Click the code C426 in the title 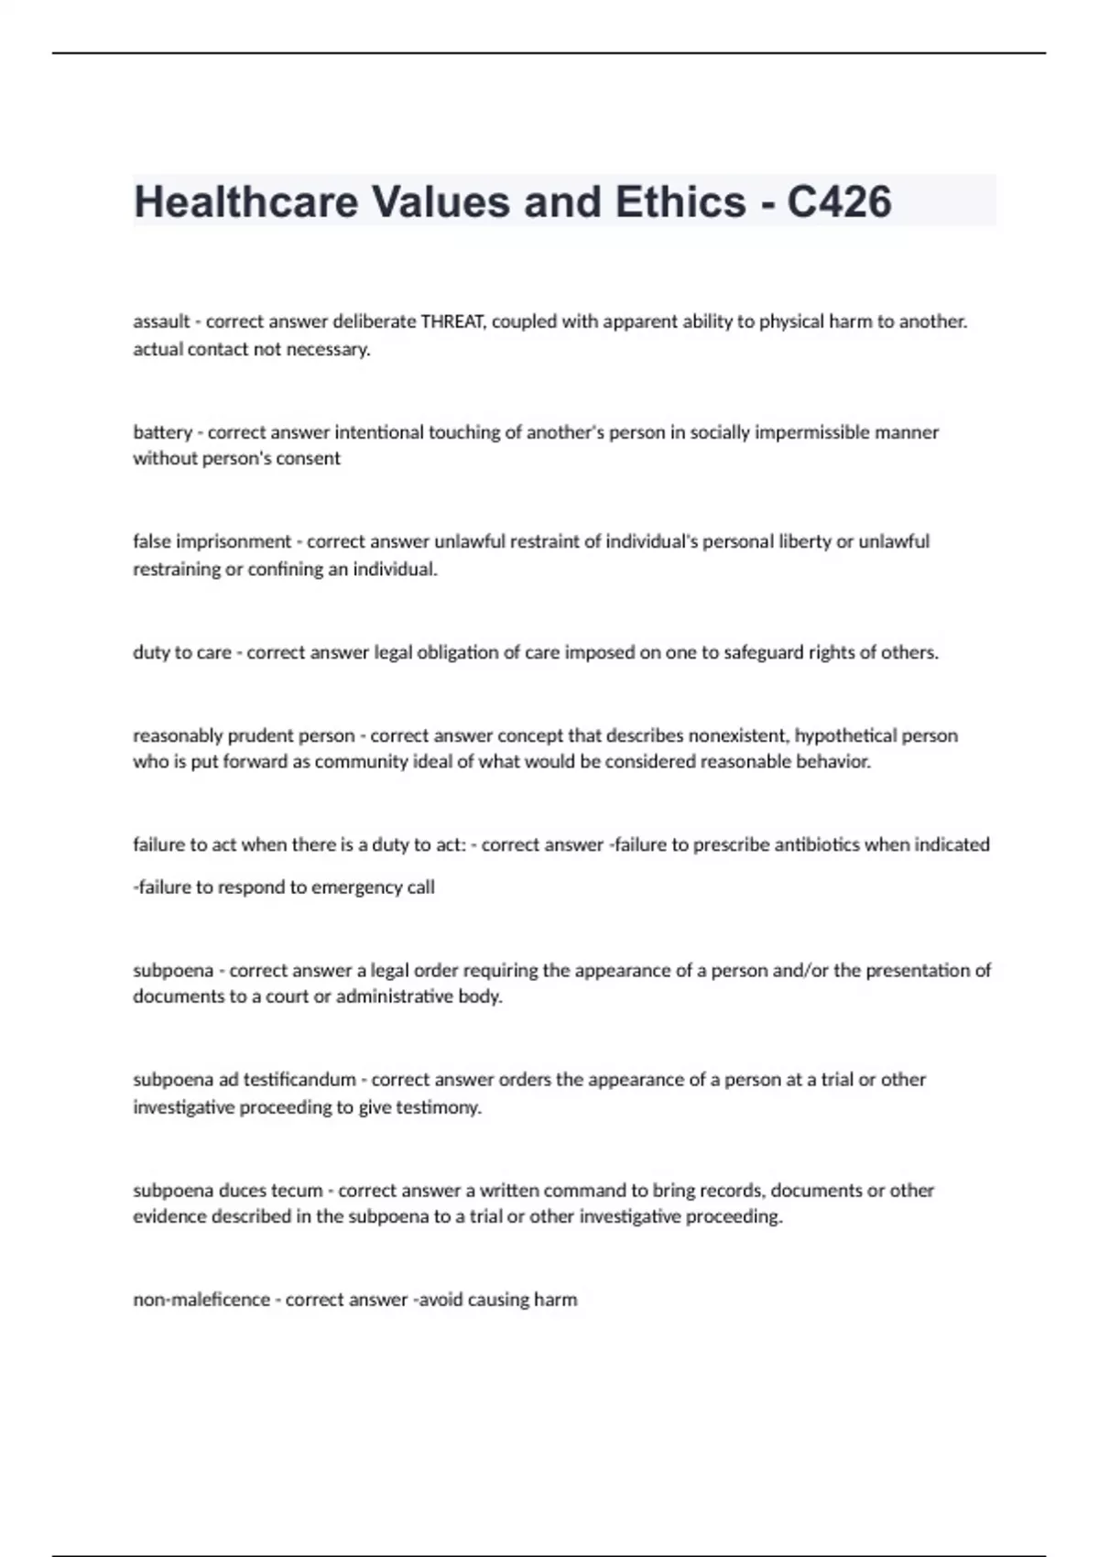pyautogui.click(x=839, y=202)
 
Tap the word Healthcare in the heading pyautogui.click(x=246, y=202)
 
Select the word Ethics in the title pyautogui.click(x=680, y=202)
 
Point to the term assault pyautogui.click(x=161, y=321)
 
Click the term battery pyautogui.click(x=162, y=432)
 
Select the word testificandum pyautogui.click(x=299, y=1080)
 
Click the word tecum pyautogui.click(x=298, y=1191)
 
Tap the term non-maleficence pyautogui.click(x=201, y=1300)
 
